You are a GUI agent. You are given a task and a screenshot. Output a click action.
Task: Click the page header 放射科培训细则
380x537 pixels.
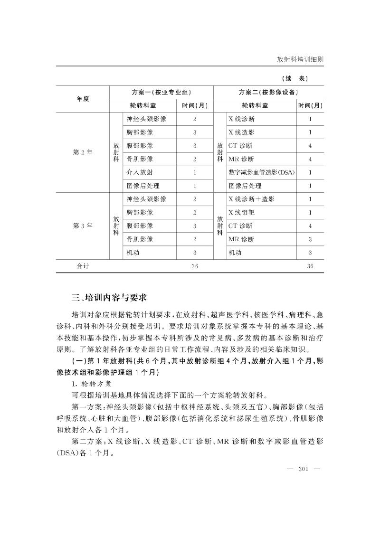[300, 60]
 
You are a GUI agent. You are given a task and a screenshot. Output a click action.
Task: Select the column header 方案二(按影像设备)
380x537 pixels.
[268, 92]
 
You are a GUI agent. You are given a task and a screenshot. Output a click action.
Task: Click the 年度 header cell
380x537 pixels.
[83, 99]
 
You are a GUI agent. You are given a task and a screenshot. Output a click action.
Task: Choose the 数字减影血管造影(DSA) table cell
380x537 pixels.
[261, 172]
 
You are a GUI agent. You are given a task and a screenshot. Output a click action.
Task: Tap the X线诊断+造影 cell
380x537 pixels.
[251, 199]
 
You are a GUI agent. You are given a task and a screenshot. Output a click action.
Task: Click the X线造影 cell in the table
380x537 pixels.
[243, 132]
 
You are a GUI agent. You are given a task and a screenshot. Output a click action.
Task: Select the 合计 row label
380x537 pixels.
[83, 266]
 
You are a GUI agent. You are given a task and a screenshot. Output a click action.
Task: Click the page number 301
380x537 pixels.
[304, 470]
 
